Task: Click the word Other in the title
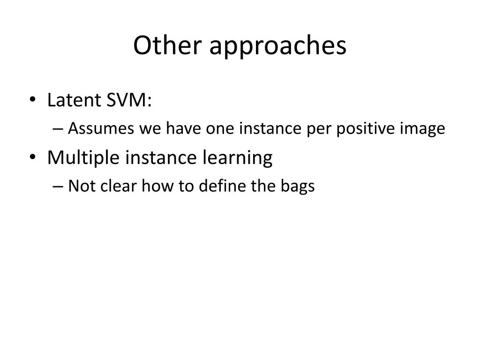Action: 167,45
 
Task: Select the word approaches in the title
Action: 278,46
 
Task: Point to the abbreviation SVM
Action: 127,100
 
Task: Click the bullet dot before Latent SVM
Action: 32,99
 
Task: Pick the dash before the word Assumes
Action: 58,128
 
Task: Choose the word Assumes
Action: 101,128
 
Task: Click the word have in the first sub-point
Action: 183,128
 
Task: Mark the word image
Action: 422,128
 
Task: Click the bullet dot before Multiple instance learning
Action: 32,157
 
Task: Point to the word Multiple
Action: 83,158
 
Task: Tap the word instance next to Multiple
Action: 161,157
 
